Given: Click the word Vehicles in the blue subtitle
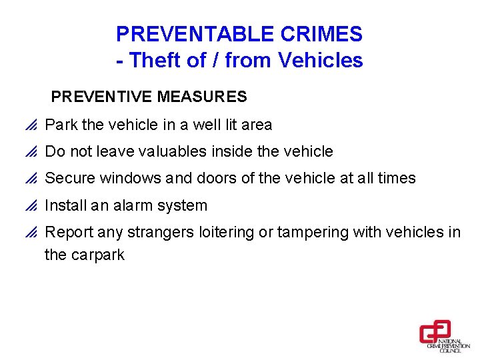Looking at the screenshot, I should [x=321, y=61].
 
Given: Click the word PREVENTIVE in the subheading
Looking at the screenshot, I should [x=102, y=97].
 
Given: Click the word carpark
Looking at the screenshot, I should [x=96, y=255].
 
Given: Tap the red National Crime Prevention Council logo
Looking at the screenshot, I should [x=435, y=333].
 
